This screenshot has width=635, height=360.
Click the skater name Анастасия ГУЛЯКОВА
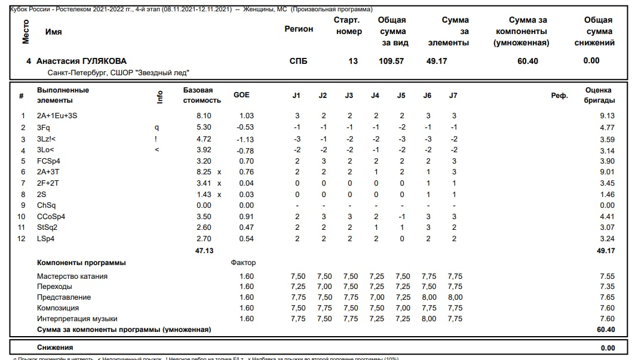(81, 61)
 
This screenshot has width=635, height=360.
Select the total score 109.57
(391, 61)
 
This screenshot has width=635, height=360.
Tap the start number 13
(353, 61)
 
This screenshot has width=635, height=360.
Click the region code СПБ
(298, 61)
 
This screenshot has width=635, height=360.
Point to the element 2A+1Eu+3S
(57, 116)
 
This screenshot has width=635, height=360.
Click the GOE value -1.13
(246, 139)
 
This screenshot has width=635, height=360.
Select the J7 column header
(453, 96)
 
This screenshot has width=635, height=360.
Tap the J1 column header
(296, 96)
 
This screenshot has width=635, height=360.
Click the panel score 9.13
(607, 116)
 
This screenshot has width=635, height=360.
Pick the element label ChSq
(46, 205)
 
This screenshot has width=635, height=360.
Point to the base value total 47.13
(204, 251)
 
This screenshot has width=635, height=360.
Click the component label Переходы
(55, 287)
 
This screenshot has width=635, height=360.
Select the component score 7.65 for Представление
(607, 297)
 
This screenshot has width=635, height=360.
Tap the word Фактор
(243, 263)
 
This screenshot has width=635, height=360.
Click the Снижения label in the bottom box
(55, 347)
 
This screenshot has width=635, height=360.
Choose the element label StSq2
(48, 227)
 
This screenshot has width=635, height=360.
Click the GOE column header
(242, 95)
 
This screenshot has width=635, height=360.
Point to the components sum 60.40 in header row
(527, 61)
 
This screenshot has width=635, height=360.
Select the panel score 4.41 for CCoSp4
(607, 217)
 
